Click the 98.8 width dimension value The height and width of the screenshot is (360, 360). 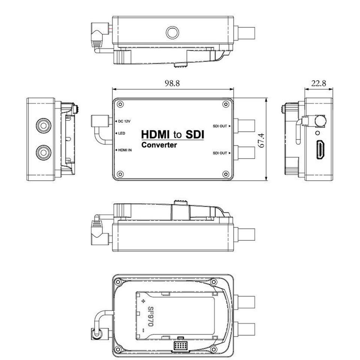172,83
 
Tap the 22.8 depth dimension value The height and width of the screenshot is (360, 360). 319,83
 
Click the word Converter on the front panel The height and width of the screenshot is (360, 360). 159,145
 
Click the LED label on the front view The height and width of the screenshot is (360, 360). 121,133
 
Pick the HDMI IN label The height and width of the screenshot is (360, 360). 125,150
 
